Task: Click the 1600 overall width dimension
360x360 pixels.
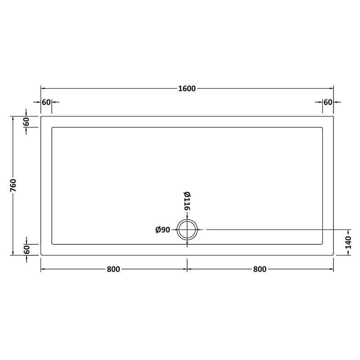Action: pos(187,89)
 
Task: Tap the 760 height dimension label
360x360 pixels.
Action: pos(13,185)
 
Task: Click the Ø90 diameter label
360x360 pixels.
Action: pos(162,230)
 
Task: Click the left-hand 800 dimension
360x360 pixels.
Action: pos(113,269)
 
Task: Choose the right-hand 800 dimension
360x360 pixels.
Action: pos(260,269)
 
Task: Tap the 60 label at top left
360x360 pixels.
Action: pos(46,102)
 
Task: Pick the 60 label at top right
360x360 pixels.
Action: pos(328,102)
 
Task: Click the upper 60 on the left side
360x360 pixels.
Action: pos(27,121)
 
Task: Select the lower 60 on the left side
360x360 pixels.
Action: pos(27,249)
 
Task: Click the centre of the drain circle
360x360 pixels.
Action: pos(187,230)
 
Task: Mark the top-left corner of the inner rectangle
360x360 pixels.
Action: pos(53,128)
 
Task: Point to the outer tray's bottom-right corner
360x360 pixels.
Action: pos(333,255)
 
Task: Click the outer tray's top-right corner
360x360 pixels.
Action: pos(333,117)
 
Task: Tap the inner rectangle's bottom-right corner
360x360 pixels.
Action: pos(322,243)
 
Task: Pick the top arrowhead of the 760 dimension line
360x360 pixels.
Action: pos(13,118)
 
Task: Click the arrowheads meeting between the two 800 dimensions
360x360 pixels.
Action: pos(187,269)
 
